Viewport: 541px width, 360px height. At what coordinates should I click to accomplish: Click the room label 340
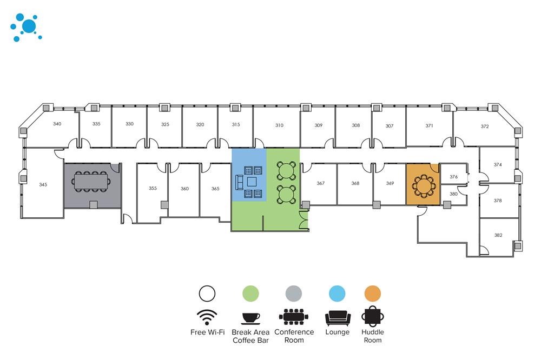point(57,124)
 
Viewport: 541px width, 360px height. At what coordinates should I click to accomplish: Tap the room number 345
point(43,185)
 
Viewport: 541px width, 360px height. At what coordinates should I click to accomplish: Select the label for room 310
point(279,125)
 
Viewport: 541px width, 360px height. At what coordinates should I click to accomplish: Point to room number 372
point(484,126)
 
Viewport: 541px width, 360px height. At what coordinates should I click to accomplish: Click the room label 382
point(498,235)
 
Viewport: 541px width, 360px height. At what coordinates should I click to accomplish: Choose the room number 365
point(215,189)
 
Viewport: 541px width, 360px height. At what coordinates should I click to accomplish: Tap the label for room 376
point(453,177)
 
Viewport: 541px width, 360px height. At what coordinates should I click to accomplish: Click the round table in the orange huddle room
point(423,185)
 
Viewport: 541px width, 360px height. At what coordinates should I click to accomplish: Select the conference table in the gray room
point(91,181)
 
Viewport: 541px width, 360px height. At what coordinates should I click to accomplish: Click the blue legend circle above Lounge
point(337,294)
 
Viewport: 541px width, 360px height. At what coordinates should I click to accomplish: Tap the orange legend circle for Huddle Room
point(372,294)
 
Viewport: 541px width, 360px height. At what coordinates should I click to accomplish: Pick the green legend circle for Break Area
point(250,294)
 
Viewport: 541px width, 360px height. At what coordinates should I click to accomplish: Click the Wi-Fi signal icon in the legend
point(207,316)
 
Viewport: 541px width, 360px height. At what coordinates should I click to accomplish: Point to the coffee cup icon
point(250,317)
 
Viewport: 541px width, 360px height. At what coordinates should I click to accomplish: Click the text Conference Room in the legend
point(294,336)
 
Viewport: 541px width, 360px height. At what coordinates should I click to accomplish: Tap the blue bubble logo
point(25,27)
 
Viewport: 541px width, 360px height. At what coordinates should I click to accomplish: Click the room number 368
point(355,183)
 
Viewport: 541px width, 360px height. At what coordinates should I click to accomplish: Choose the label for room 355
point(153,189)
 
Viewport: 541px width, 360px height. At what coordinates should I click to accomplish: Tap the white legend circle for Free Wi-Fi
point(207,294)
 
